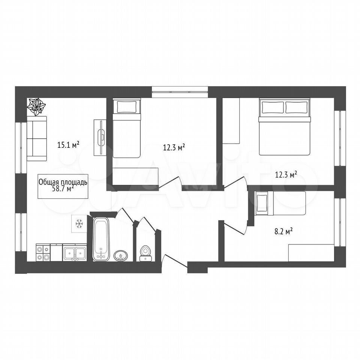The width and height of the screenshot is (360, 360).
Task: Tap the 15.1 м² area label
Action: pyautogui.click(x=68, y=145)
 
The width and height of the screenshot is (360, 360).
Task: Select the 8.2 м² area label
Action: pyautogui.click(x=283, y=231)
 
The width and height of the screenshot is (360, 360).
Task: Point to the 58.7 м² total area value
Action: pyautogui.click(x=63, y=188)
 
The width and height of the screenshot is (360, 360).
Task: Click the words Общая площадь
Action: pyautogui.click(x=63, y=182)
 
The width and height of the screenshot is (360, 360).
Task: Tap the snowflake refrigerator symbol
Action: pyautogui.click(x=79, y=223)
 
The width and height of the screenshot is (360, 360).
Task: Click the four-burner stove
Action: pyautogui.click(x=43, y=252)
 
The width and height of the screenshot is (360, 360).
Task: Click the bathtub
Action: pyautogui.click(x=101, y=239)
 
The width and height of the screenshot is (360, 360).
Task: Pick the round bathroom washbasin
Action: pyautogui.click(x=121, y=255)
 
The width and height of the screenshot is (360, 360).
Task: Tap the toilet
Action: pyautogui.click(x=145, y=253)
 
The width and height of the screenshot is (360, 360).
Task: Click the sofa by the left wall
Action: pyautogui.click(x=37, y=138)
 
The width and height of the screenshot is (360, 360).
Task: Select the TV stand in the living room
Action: pyautogui.click(x=100, y=138)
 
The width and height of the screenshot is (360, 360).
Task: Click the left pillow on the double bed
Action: pyautogui.click(x=273, y=108)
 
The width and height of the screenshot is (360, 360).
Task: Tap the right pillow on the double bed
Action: pyautogui.click(x=296, y=108)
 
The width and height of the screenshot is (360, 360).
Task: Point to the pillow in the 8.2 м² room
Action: pyautogui.click(x=262, y=203)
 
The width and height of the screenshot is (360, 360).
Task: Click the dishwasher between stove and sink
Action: pyautogui.click(x=57, y=252)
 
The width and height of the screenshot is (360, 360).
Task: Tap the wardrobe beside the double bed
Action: pyautogui.click(x=231, y=121)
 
